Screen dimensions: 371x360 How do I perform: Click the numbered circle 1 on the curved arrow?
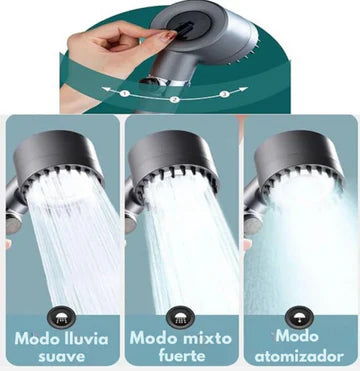126,93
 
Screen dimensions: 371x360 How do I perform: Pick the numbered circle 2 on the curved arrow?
175,100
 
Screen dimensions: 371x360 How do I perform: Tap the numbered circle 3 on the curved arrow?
224,93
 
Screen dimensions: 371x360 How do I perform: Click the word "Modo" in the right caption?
299,336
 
